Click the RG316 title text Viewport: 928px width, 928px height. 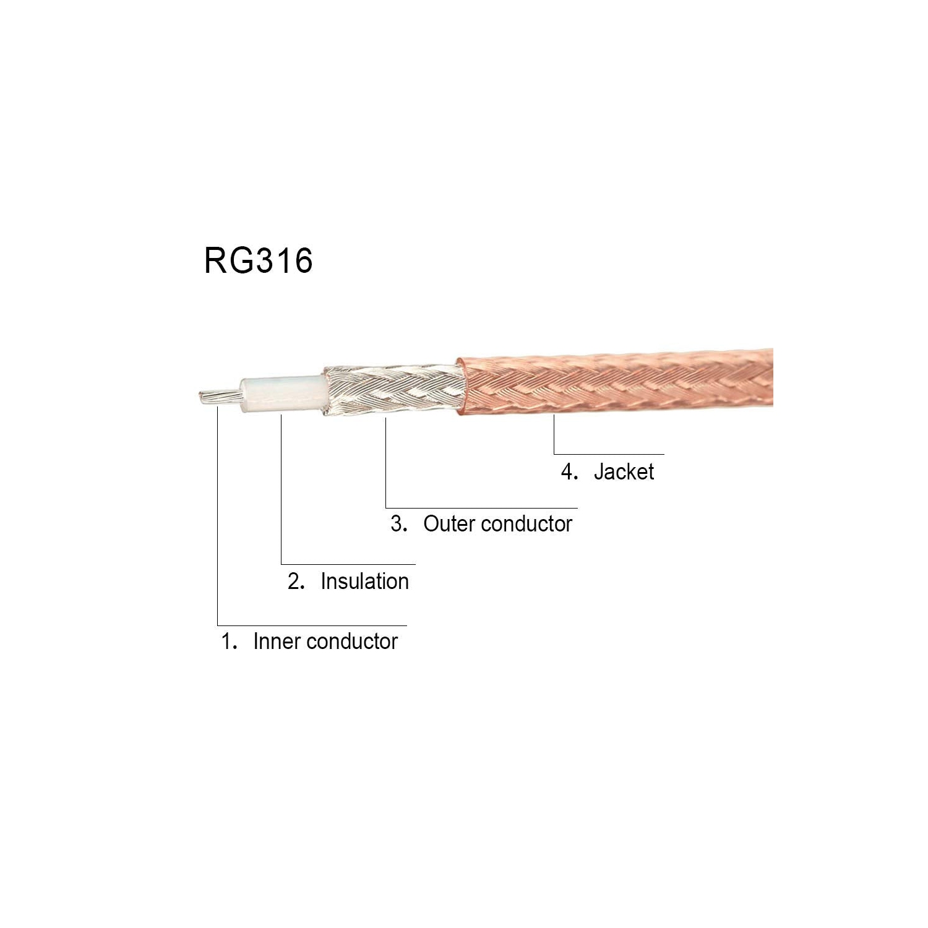click(x=258, y=260)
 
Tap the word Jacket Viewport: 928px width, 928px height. click(x=624, y=472)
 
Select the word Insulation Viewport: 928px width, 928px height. click(x=364, y=582)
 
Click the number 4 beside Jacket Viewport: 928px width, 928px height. click(x=568, y=472)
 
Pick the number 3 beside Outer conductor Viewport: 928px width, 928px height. click(x=397, y=524)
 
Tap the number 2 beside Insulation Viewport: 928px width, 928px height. click(x=294, y=582)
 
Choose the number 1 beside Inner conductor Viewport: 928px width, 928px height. click(x=227, y=642)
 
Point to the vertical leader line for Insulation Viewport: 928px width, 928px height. click(x=281, y=489)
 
